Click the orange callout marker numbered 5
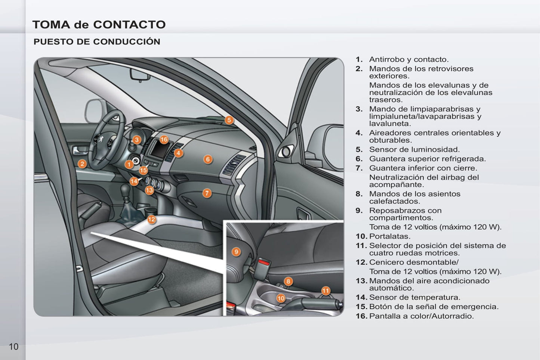tap(229, 120)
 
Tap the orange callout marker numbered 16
tap(164, 139)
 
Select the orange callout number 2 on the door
tap(82, 164)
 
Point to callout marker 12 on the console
tap(152, 219)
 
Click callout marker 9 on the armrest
tap(236, 252)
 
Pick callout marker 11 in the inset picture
tap(326, 291)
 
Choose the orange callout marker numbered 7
tap(207, 193)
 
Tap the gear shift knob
tap(125, 190)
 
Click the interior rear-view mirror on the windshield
tap(140, 74)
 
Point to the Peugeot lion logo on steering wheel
tap(101, 139)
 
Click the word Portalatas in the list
tap(389, 236)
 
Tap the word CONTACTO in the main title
tap(129, 25)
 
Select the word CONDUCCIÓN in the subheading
tap(127, 41)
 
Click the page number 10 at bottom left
tap(14, 347)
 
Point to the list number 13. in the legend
tap(361, 281)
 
